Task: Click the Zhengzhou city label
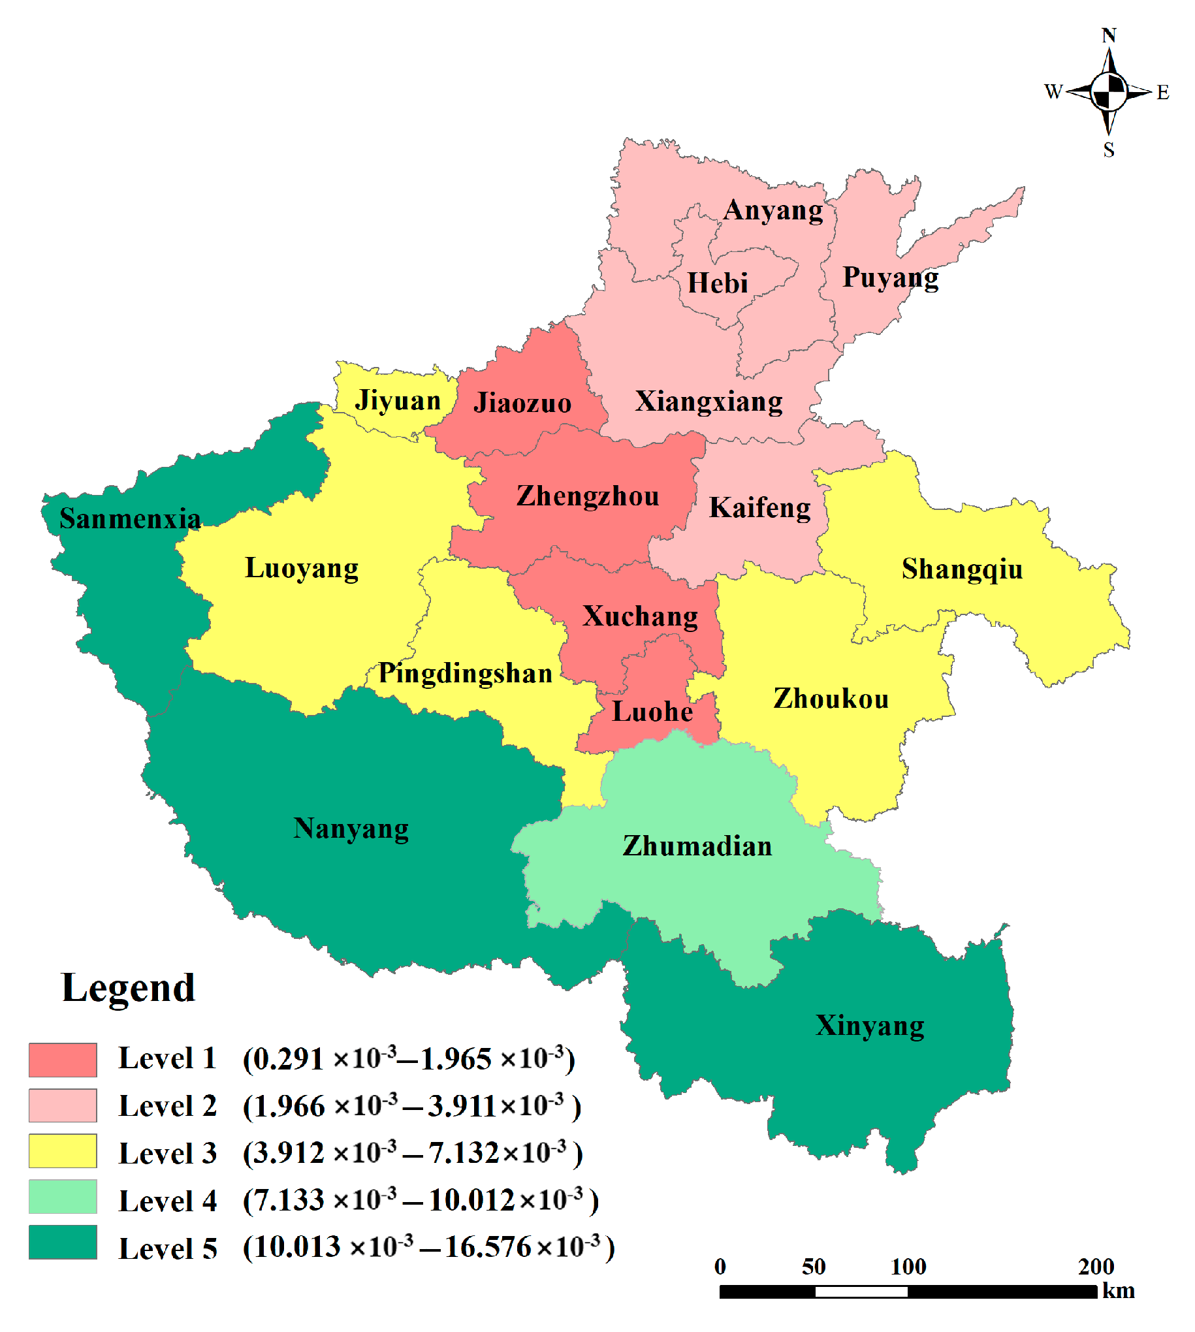588,496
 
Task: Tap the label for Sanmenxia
130,519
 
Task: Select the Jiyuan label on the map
397,401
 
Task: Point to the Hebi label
718,283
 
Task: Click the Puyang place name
890,277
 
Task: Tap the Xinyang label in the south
869,1026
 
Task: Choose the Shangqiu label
962,569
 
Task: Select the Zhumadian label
697,846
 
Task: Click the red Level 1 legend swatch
63,1060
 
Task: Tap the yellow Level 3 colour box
63,1151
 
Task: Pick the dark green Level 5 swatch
63,1242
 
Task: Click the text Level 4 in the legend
167,1201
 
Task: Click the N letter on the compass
1108,35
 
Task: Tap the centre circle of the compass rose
1108,91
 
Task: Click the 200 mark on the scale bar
1096,1266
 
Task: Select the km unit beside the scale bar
1118,1291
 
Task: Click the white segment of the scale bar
861,1292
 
